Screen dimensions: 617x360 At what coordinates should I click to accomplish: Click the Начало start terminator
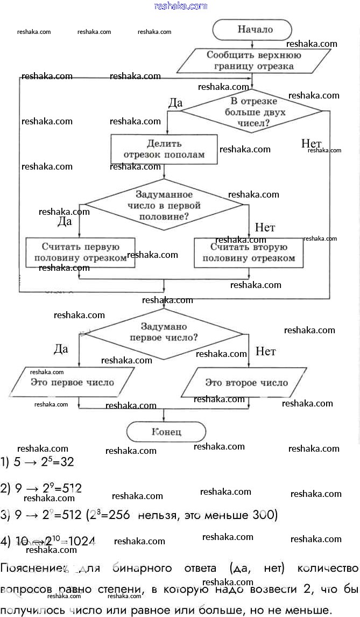click(x=252, y=30)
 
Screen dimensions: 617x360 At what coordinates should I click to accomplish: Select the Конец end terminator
click(x=166, y=432)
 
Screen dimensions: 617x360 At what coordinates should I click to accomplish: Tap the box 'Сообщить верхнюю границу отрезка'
click(x=246, y=61)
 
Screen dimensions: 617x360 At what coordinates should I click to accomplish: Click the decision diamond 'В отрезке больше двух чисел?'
click(x=251, y=111)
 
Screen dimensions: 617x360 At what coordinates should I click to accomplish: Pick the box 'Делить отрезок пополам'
click(x=164, y=149)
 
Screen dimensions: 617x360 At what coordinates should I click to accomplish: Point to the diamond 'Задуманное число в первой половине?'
click(x=164, y=205)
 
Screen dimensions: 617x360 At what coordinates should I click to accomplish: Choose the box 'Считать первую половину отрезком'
click(x=80, y=253)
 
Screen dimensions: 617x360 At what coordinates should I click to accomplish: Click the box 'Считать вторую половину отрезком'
click(x=248, y=253)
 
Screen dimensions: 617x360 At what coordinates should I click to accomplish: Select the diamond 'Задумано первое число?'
click(x=164, y=332)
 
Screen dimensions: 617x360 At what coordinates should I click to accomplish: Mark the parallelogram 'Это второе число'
click(x=246, y=383)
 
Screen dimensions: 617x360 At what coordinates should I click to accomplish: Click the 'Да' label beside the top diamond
click(x=175, y=103)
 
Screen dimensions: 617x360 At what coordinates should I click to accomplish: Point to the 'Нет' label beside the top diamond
click(x=311, y=143)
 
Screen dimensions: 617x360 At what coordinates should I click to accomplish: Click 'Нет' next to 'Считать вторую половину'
click(x=265, y=227)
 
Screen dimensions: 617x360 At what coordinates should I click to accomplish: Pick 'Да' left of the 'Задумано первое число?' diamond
click(x=61, y=349)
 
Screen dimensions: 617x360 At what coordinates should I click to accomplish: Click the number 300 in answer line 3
click(x=264, y=515)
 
